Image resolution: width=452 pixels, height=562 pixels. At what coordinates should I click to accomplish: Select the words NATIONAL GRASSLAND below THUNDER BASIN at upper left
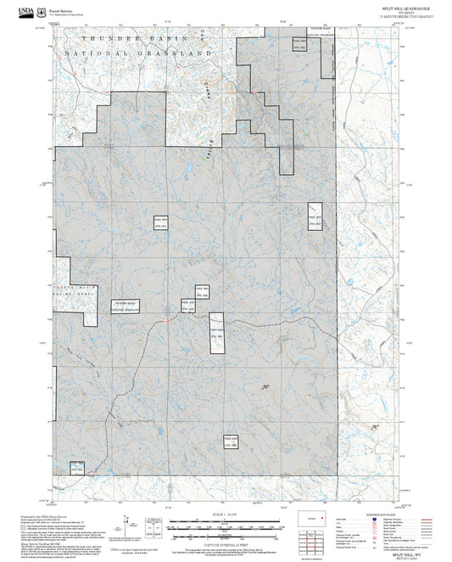click(136, 53)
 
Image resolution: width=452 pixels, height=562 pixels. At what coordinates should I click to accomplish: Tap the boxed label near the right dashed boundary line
click(315, 217)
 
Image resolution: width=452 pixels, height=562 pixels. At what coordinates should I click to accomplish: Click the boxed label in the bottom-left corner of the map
click(77, 466)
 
